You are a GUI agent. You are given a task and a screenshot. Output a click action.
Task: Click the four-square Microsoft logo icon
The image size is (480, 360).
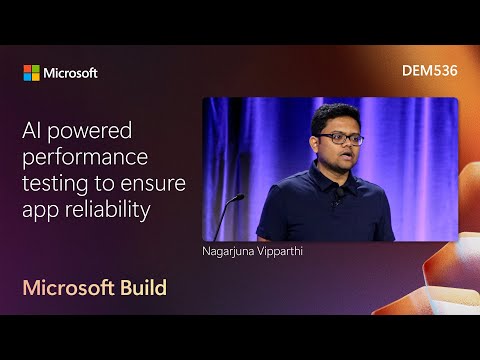pos(32,73)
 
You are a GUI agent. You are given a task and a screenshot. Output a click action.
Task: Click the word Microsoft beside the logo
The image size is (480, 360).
pos(71,73)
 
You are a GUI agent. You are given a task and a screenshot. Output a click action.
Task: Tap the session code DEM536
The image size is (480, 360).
pos(428,72)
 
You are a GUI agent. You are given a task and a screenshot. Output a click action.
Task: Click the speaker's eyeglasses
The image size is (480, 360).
pos(338,139)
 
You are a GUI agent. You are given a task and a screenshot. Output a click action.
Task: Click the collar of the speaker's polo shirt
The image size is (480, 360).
pos(330,175)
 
